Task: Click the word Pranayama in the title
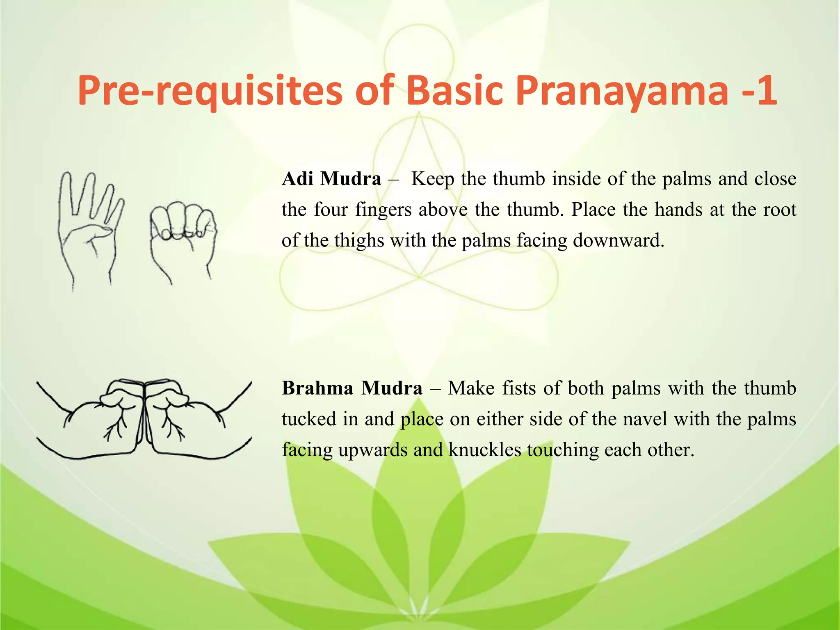click(x=621, y=91)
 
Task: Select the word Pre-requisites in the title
click(x=210, y=91)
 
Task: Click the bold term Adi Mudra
click(x=331, y=179)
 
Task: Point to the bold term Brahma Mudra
click(x=352, y=388)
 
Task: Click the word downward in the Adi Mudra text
click(x=618, y=241)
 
